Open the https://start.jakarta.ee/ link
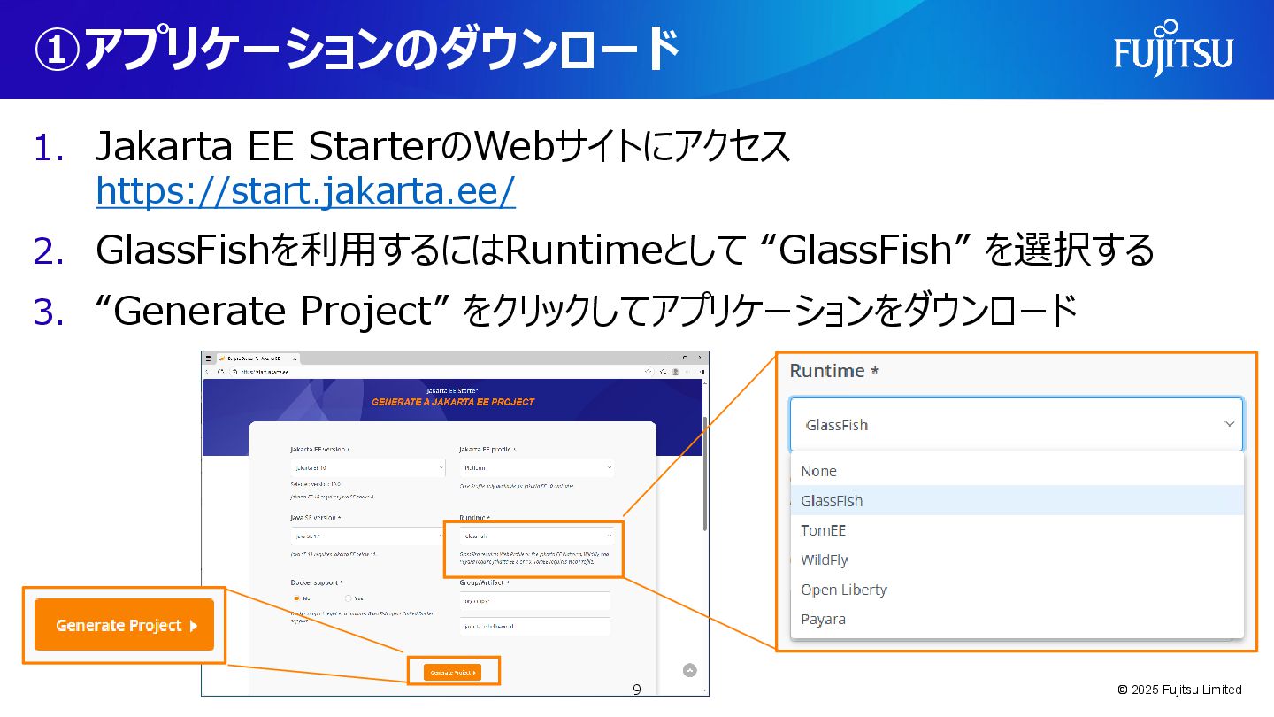pyautogui.click(x=305, y=191)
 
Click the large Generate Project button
pyautogui.click(x=125, y=625)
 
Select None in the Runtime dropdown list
pyautogui.click(x=819, y=471)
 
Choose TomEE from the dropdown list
pyautogui.click(x=824, y=530)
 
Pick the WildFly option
pyautogui.click(x=825, y=559)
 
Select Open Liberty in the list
pyautogui.click(x=844, y=590)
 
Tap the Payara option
pyautogui.click(x=824, y=619)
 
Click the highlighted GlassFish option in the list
pyautogui.click(x=833, y=500)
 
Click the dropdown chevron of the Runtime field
pyautogui.click(x=1229, y=425)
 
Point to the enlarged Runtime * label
pyautogui.click(x=833, y=371)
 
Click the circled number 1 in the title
pyautogui.click(x=57, y=51)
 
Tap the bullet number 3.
pyautogui.click(x=49, y=312)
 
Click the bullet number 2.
pyautogui.click(x=49, y=251)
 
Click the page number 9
pyautogui.click(x=637, y=689)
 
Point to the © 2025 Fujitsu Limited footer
pyautogui.click(x=1179, y=690)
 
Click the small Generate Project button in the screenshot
pyautogui.click(x=453, y=672)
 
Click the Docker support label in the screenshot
pyautogui.click(x=317, y=582)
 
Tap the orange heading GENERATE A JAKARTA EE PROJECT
pyautogui.click(x=453, y=402)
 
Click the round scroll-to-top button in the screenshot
pyautogui.click(x=690, y=670)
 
